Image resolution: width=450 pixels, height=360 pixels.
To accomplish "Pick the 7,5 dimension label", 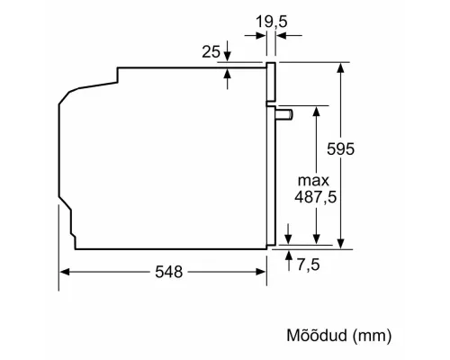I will click(308, 265).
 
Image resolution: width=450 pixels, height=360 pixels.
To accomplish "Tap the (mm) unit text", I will click(373, 337).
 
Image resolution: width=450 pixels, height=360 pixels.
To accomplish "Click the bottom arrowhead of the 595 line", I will click(341, 241).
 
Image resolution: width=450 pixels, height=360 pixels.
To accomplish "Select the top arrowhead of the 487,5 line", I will click(317, 110).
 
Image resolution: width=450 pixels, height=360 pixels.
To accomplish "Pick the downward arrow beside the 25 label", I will click(228, 57).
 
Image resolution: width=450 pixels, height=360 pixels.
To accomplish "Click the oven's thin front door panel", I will click(272, 153).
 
